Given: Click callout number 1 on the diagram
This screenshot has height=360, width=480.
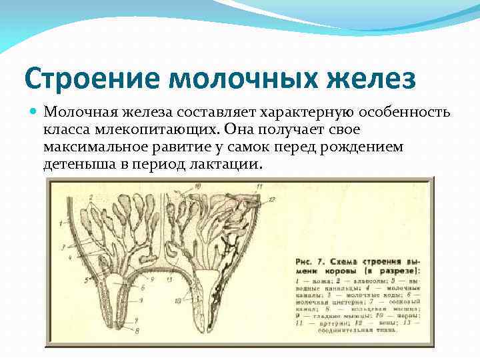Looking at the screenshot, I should click(59, 221).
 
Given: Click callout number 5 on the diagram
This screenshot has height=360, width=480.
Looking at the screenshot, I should click(87, 281).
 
